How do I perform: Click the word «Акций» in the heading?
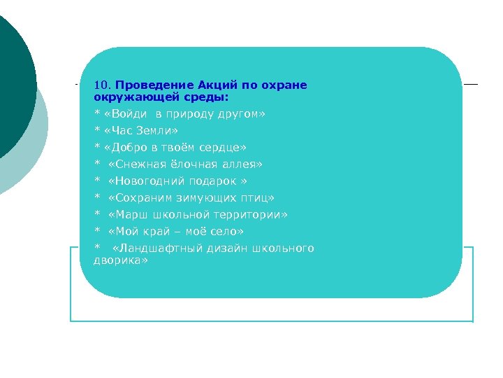click(218, 86)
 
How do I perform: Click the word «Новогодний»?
click(147, 181)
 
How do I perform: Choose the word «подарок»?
click(213, 181)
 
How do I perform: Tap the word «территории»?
click(249, 215)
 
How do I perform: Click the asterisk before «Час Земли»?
click(97, 131)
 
